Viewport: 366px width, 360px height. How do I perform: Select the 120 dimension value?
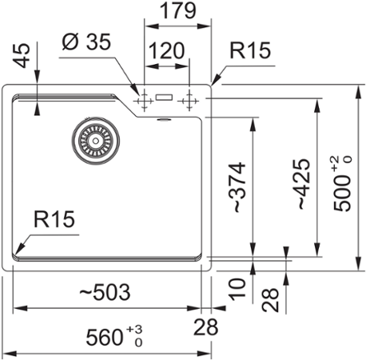pyautogui.click(x=166, y=50)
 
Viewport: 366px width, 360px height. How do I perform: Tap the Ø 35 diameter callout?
pyautogui.click(x=86, y=42)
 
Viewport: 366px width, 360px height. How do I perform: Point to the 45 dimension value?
pyautogui.click(x=22, y=55)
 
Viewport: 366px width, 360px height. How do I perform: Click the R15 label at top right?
pyautogui.click(x=250, y=50)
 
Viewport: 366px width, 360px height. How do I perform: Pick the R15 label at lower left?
pyautogui.click(x=54, y=219)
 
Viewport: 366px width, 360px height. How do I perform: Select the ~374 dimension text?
pyautogui.click(x=239, y=187)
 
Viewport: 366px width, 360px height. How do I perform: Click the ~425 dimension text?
pyautogui.click(x=304, y=184)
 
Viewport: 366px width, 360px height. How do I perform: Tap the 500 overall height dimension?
pyautogui.click(x=343, y=184)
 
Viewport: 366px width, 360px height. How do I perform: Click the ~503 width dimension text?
pyautogui.click(x=105, y=292)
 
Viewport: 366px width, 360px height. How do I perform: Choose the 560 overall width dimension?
pyautogui.click(x=114, y=337)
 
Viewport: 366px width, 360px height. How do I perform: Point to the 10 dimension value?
pyautogui.click(x=237, y=290)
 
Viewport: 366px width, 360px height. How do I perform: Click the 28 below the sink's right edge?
pyautogui.click(x=205, y=327)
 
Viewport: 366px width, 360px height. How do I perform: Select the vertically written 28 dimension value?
pyautogui.click(x=270, y=300)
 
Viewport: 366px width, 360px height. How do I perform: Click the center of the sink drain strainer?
pyautogui.click(x=95, y=140)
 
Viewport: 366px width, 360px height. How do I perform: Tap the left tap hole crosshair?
pyautogui.click(x=144, y=101)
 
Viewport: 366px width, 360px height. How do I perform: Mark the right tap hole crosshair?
pyautogui.click(x=189, y=101)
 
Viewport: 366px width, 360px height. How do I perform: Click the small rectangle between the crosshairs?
pyautogui.click(x=164, y=98)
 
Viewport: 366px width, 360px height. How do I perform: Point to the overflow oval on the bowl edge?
pyautogui.click(x=164, y=120)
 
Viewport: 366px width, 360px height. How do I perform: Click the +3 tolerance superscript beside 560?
pyautogui.click(x=134, y=330)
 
